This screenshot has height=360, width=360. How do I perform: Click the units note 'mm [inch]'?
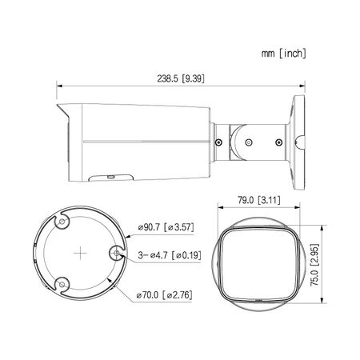282,53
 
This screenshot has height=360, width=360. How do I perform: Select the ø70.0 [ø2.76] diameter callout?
164,296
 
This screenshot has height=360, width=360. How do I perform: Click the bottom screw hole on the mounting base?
60,281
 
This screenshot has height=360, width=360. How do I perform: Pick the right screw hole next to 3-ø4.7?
118,255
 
